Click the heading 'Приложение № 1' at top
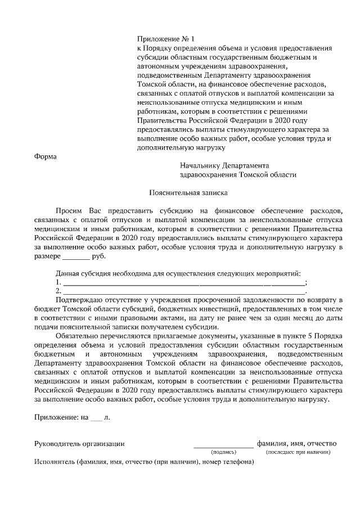pos(165,39)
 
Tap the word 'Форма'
pos(46,156)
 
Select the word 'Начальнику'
pos(199,166)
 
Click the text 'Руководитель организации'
pos(79,444)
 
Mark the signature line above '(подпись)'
pos(223,447)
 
